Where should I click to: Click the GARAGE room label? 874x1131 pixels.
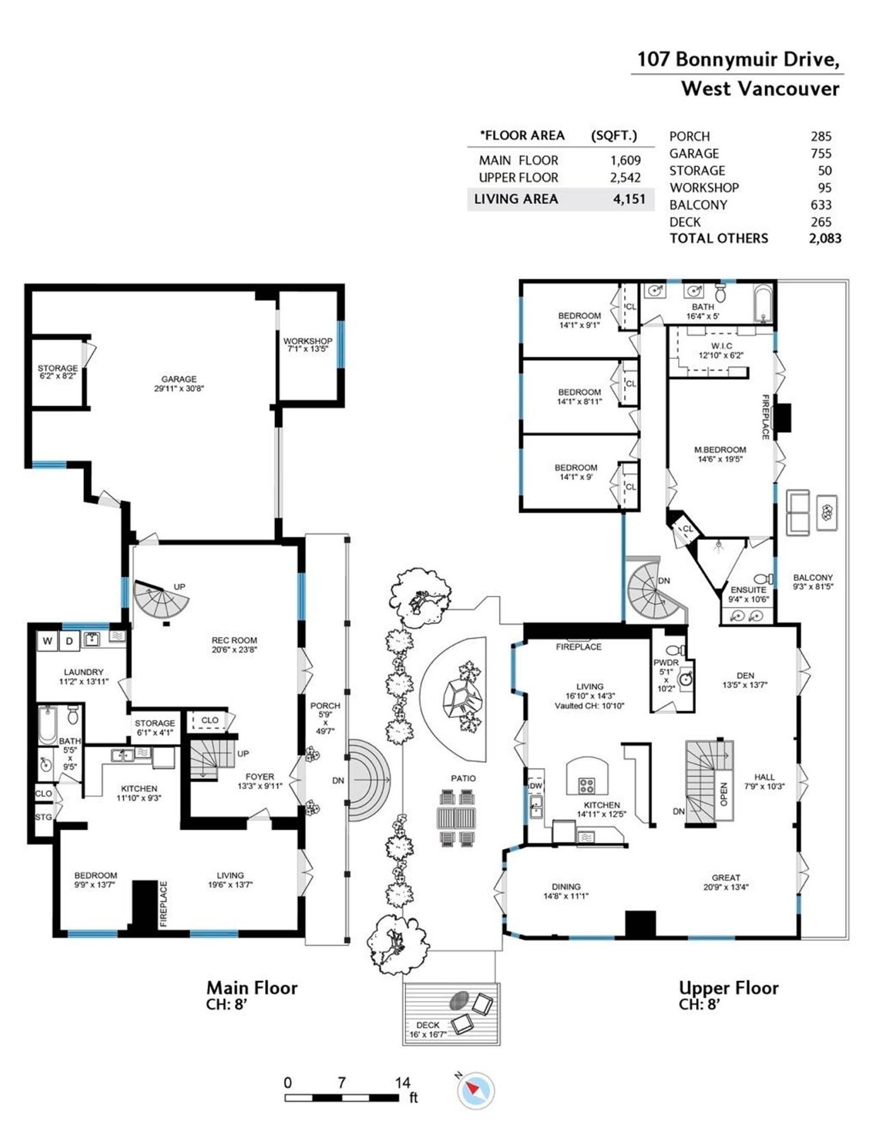178,383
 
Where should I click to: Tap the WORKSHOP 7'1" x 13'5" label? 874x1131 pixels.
307,344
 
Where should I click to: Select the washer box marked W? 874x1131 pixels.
47,641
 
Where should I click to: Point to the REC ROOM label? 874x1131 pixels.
234,645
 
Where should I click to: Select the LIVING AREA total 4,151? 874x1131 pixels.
629,199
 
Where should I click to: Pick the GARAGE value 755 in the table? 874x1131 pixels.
820,153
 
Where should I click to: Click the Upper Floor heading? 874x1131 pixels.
728,988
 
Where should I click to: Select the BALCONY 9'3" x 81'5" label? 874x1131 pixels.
813,582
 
